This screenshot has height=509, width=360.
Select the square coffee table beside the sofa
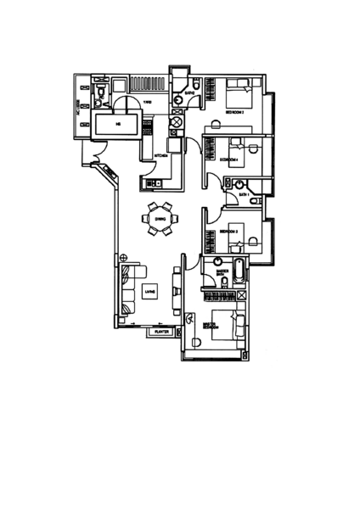(149, 292)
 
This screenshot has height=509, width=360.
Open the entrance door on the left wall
(95, 155)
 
